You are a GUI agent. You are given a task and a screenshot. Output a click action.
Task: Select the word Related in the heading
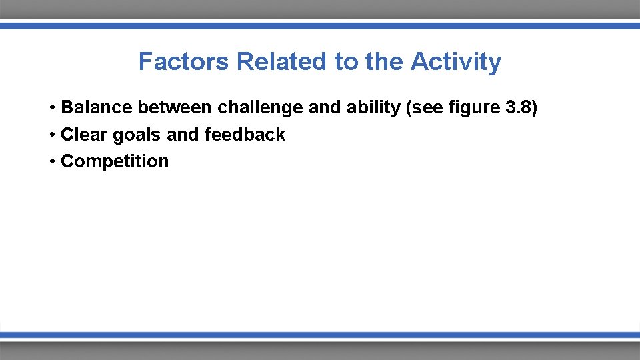[x=282, y=61]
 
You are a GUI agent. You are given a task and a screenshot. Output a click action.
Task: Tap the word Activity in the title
[x=456, y=61]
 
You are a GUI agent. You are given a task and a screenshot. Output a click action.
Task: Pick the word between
[x=175, y=107]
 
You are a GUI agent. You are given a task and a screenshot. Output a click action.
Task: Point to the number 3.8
[x=517, y=107]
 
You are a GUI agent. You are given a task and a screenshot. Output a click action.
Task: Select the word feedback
[x=245, y=135]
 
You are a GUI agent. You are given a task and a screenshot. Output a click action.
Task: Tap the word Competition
[x=115, y=161]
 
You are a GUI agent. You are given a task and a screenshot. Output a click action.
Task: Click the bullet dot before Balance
[x=51, y=108]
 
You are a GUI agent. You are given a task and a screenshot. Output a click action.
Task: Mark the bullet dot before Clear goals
[x=51, y=135]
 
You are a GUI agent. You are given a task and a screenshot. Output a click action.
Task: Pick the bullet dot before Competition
[x=51, y=162]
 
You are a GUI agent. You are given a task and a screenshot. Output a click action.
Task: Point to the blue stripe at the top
[x=320, y=25]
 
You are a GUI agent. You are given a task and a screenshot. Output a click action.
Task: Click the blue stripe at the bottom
[x=320, y=335]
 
